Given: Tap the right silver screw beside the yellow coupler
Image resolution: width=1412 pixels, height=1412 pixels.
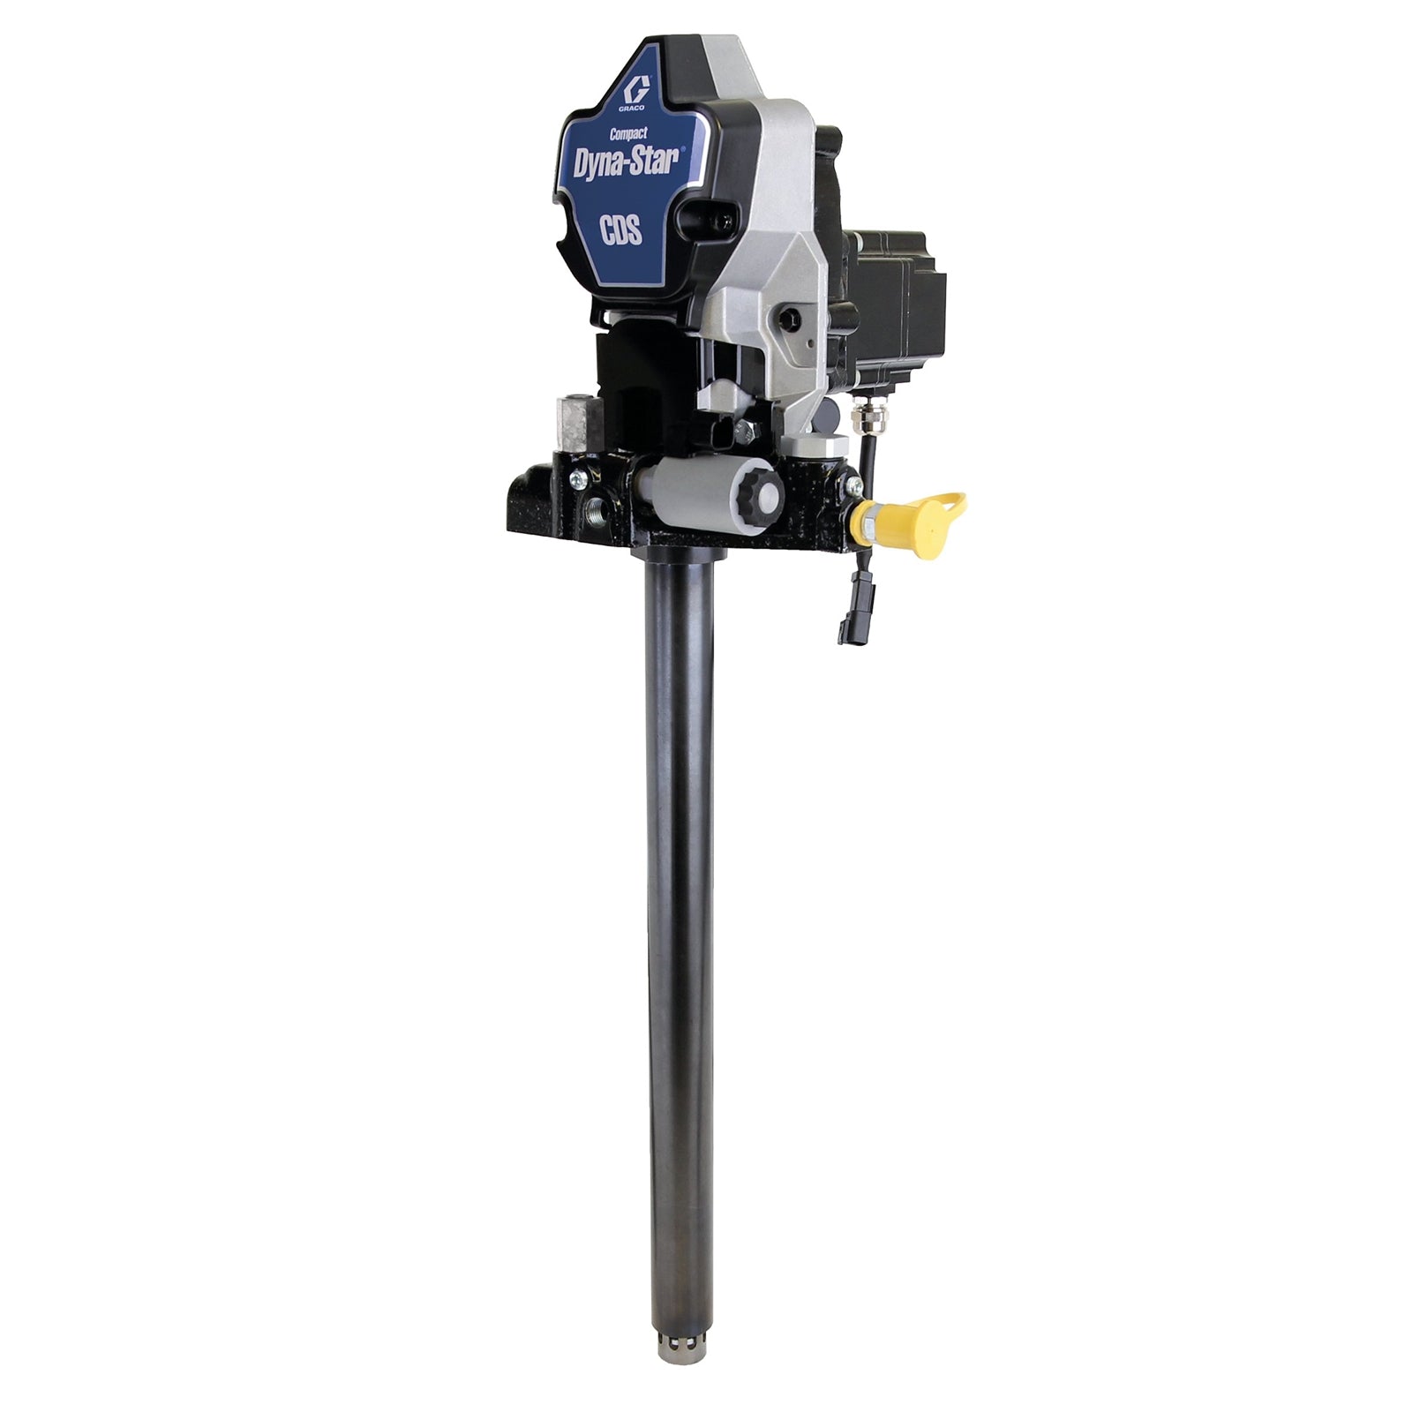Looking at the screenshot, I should [852, 486].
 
